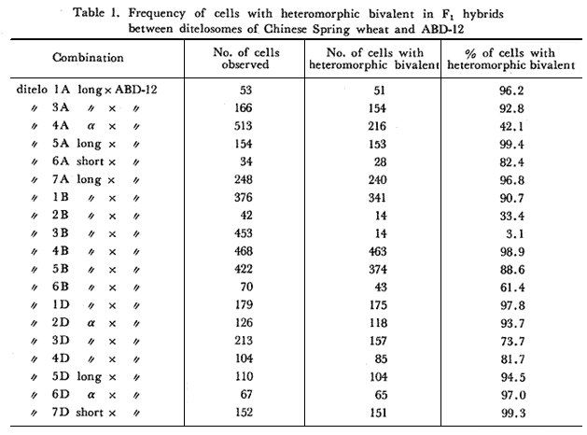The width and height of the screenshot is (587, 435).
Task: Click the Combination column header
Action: pos(89,58)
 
